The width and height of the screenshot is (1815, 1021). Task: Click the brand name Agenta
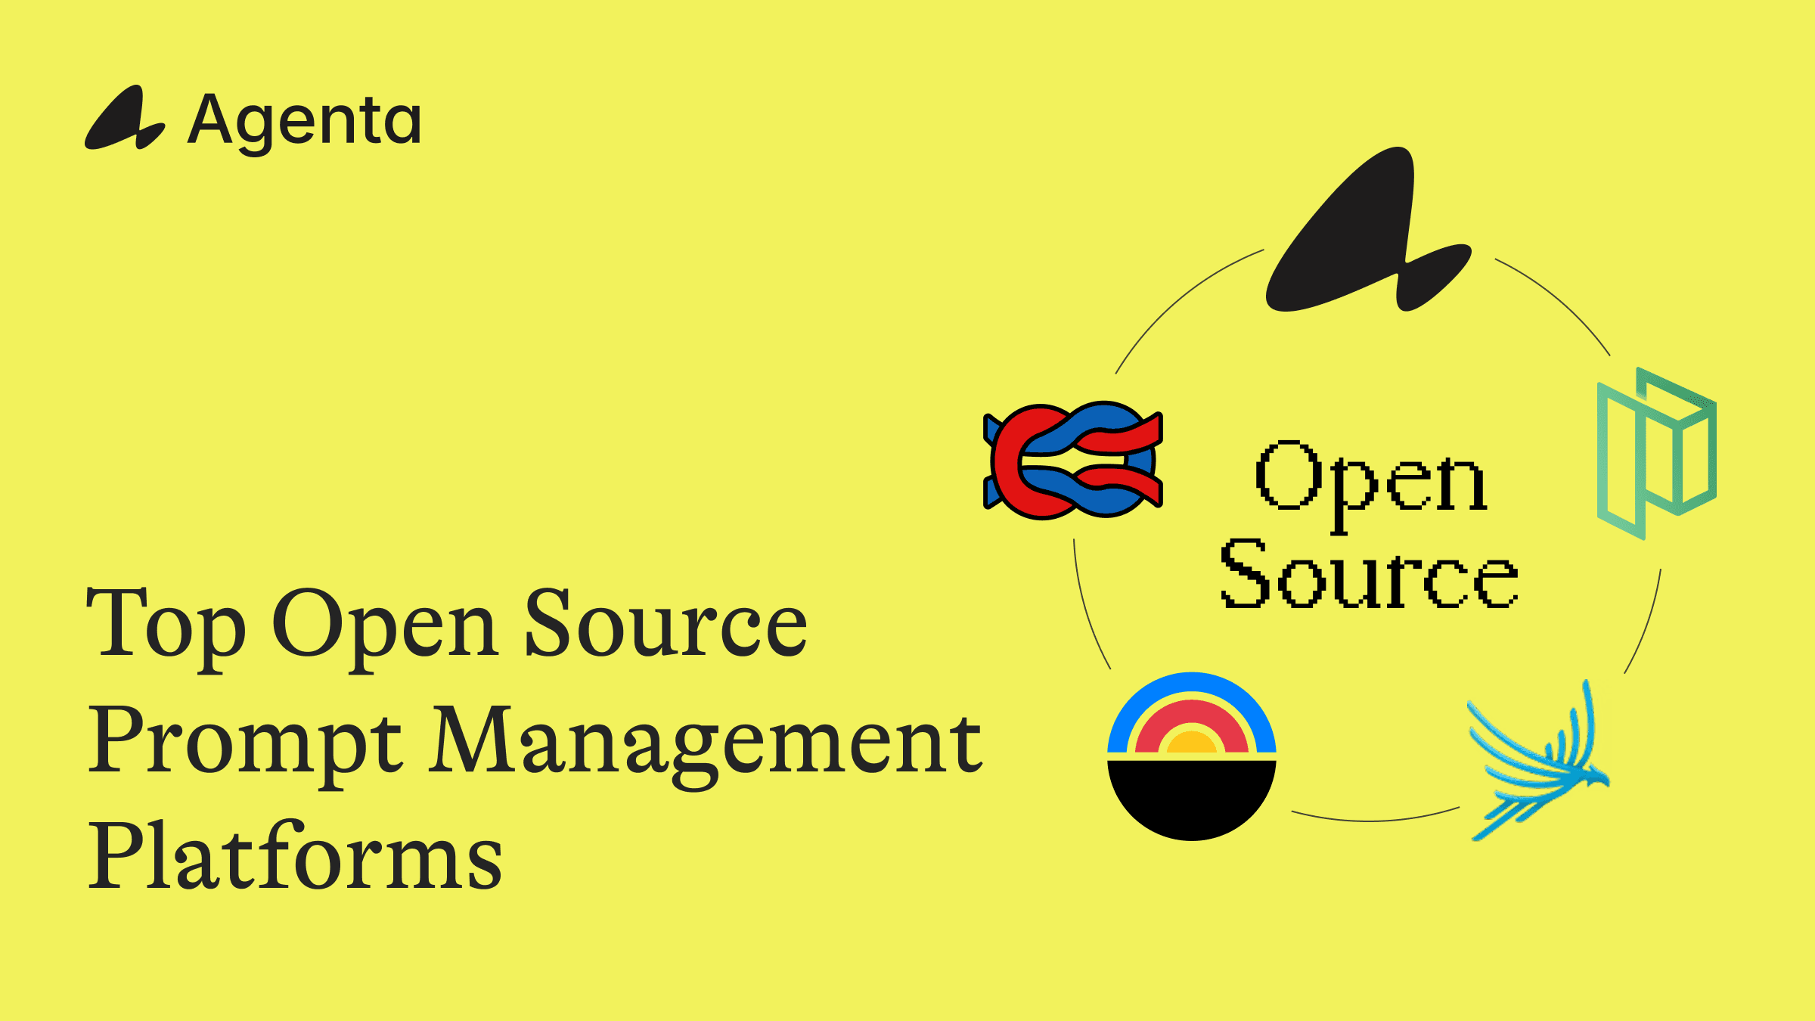(x=304, y=121)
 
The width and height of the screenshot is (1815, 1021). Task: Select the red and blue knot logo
(x=1073, y=460)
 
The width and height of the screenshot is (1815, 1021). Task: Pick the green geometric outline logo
(x=1656, y=454)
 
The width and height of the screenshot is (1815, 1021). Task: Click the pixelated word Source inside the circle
(x=1369, y=576)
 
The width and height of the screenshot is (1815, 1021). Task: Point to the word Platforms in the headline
(x=295, y=856)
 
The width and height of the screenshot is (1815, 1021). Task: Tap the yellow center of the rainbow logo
(x=1192, y=743)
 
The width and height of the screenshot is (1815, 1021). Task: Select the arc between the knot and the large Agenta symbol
(x=1180, y=299)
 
